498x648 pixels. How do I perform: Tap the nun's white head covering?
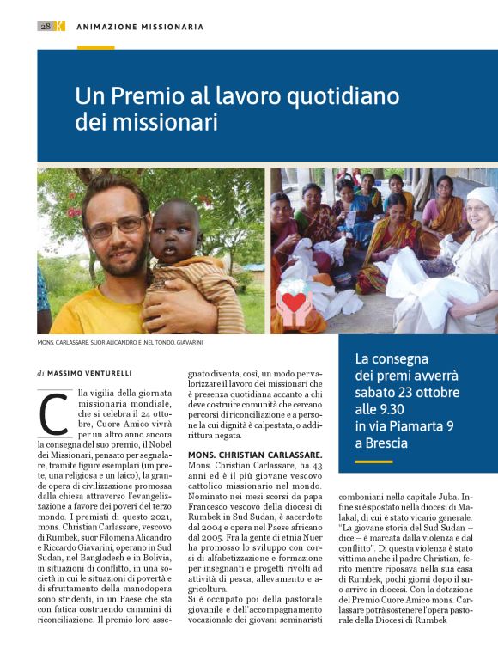[481, 203]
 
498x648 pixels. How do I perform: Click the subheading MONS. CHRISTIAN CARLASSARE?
[254, 454]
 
